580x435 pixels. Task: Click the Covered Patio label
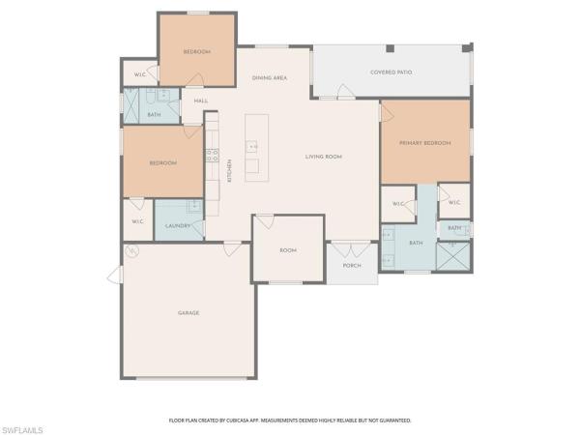[x=391, y=72]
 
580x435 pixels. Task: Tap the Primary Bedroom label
[x=425, y=143]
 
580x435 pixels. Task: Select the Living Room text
[x=324, y=157]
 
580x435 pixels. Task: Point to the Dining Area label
[x=270, y=77]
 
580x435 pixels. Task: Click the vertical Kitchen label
[x=229, y=171]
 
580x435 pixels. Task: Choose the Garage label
[x=188, y=313]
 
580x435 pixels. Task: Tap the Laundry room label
[x=177, y=226]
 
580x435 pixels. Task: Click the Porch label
[x=351, y=265]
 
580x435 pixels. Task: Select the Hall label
[x=201, y=101]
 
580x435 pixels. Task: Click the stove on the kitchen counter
[x=210, y=155]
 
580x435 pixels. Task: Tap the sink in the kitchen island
[x=253, y=147]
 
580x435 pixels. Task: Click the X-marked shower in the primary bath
[x=454, y=255]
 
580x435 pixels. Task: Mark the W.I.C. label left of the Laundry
[x=137, y=221]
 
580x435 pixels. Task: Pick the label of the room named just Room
[x=287, y=250]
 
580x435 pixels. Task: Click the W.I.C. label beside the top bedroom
[x=139, y=73]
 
